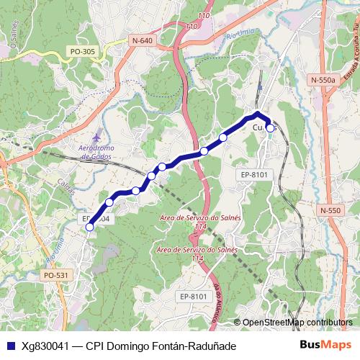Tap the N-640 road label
(x=143, y=41)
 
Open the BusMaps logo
(x=325, y=346)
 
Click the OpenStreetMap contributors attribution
(x=297, y=323)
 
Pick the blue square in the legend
(x=9, y=346)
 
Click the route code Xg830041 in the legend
(x=45, y=346)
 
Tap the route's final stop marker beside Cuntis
(x=270, y=128)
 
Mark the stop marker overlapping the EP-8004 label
(x=90, y=227)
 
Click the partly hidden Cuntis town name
(x=263, y=128)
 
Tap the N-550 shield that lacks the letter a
(x=330, y=210)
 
